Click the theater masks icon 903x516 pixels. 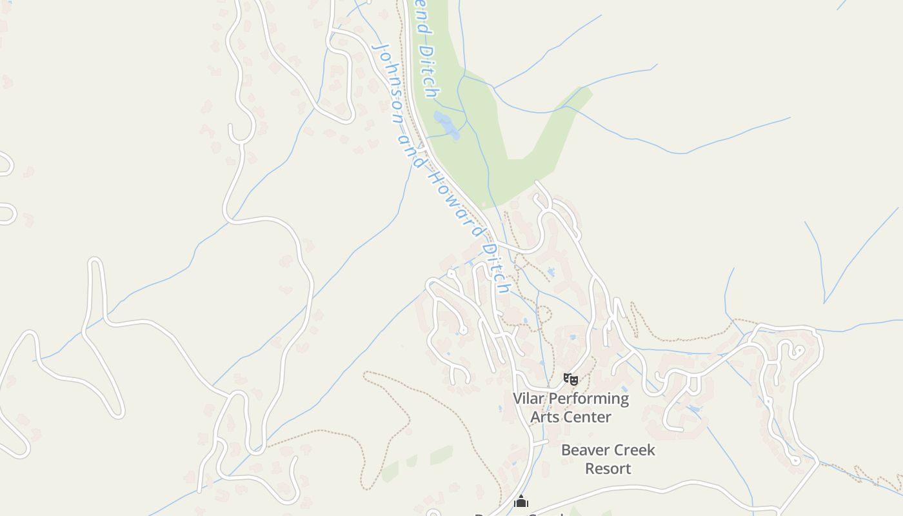(571, 379)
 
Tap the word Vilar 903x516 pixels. (528, 399)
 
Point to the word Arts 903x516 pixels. (543, 417)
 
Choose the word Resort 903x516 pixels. (608, 468)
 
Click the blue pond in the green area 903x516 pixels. (446, 124)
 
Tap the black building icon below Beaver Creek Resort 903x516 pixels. (521, 501)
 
